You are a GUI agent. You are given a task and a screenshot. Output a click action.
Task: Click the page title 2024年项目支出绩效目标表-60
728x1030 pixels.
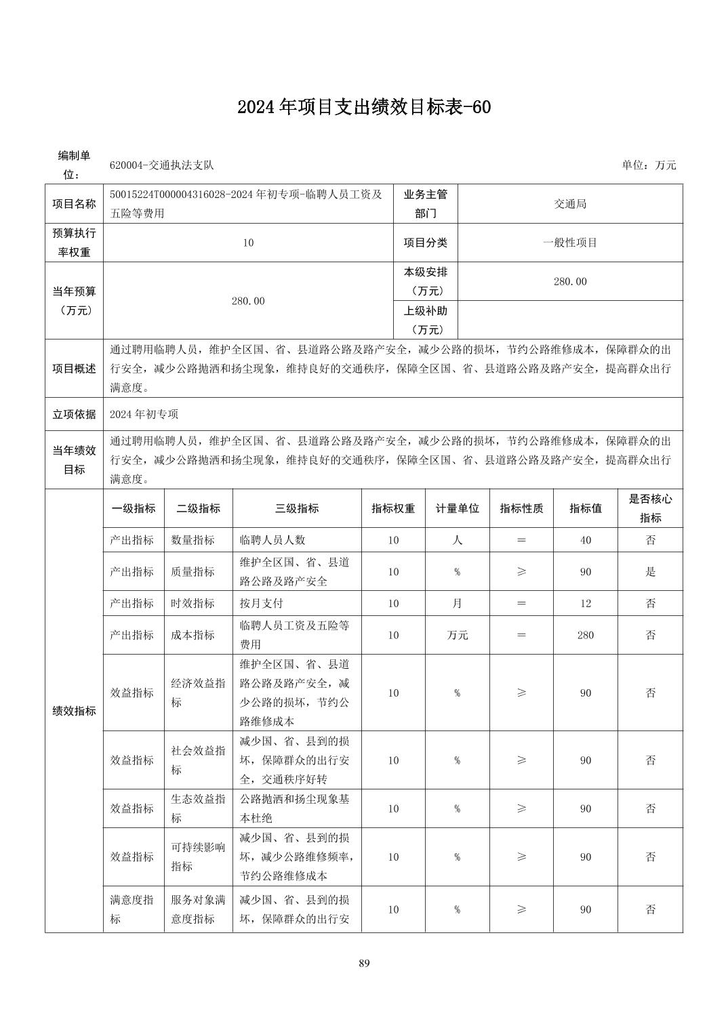[x=363, y=107]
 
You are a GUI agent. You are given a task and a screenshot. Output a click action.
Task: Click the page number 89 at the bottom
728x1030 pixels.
[x=364, y=963]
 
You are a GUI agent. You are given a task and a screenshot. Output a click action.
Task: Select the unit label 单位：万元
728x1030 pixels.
[x=649, y=165]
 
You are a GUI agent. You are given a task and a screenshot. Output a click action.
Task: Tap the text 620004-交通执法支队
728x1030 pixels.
[x=162, y=165]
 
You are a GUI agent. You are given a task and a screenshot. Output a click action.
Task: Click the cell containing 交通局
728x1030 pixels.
[x=570, y=204]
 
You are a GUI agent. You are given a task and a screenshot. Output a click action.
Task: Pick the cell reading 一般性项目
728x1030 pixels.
[x=570, y=243]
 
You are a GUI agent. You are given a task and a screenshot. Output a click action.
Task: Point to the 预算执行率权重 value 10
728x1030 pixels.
[x=248, y=243]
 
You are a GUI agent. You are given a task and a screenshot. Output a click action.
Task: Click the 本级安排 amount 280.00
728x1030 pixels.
[x=570, y=281]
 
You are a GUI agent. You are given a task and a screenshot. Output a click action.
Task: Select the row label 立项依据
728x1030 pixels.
[x=74, y=414]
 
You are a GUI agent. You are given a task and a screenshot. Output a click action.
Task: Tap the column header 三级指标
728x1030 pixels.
[x=297, y=508]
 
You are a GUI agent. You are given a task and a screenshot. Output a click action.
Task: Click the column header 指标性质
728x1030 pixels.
[x=521, y=508]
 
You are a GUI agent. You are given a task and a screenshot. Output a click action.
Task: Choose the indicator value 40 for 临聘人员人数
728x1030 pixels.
[x=586, y=540]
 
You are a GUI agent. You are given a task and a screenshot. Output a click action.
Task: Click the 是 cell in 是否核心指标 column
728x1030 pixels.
[x=650, y=572]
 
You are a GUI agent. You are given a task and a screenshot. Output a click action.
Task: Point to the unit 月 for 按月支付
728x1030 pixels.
[x=457, y=603]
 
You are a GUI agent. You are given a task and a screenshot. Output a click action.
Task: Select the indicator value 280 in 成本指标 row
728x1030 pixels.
[x=586, y=635]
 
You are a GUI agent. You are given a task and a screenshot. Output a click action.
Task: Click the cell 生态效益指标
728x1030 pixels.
[x=198, y=808]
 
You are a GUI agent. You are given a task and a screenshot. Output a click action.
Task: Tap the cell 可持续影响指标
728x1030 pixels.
[x=198, y=857]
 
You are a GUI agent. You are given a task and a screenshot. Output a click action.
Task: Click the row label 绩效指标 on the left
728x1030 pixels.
[x=74, y=712]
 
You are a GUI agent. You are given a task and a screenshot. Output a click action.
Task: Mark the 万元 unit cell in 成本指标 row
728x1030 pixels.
[x=457, y=635]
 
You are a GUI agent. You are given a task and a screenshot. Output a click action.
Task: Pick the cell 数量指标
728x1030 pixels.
[x=193, y=540]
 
